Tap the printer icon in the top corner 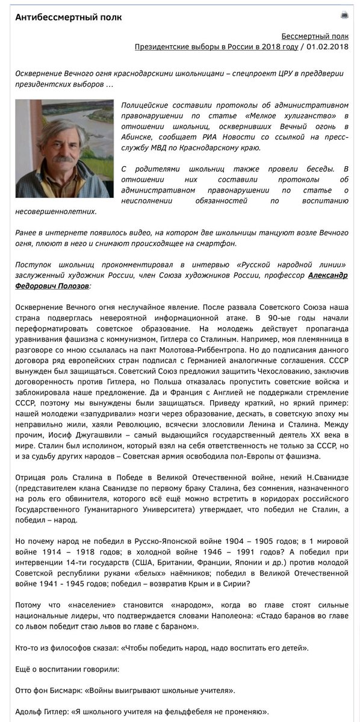pos(344,15)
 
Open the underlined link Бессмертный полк pos(314,36)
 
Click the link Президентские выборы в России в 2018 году pos(216,47)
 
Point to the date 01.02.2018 pos(327,47)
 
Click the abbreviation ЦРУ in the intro pos(264,73)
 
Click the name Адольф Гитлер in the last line pos(41,711)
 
